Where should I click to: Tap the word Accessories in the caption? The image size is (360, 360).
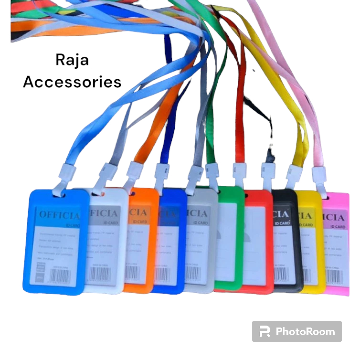(72, 82)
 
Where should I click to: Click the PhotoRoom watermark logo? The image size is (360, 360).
(296, 331)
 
